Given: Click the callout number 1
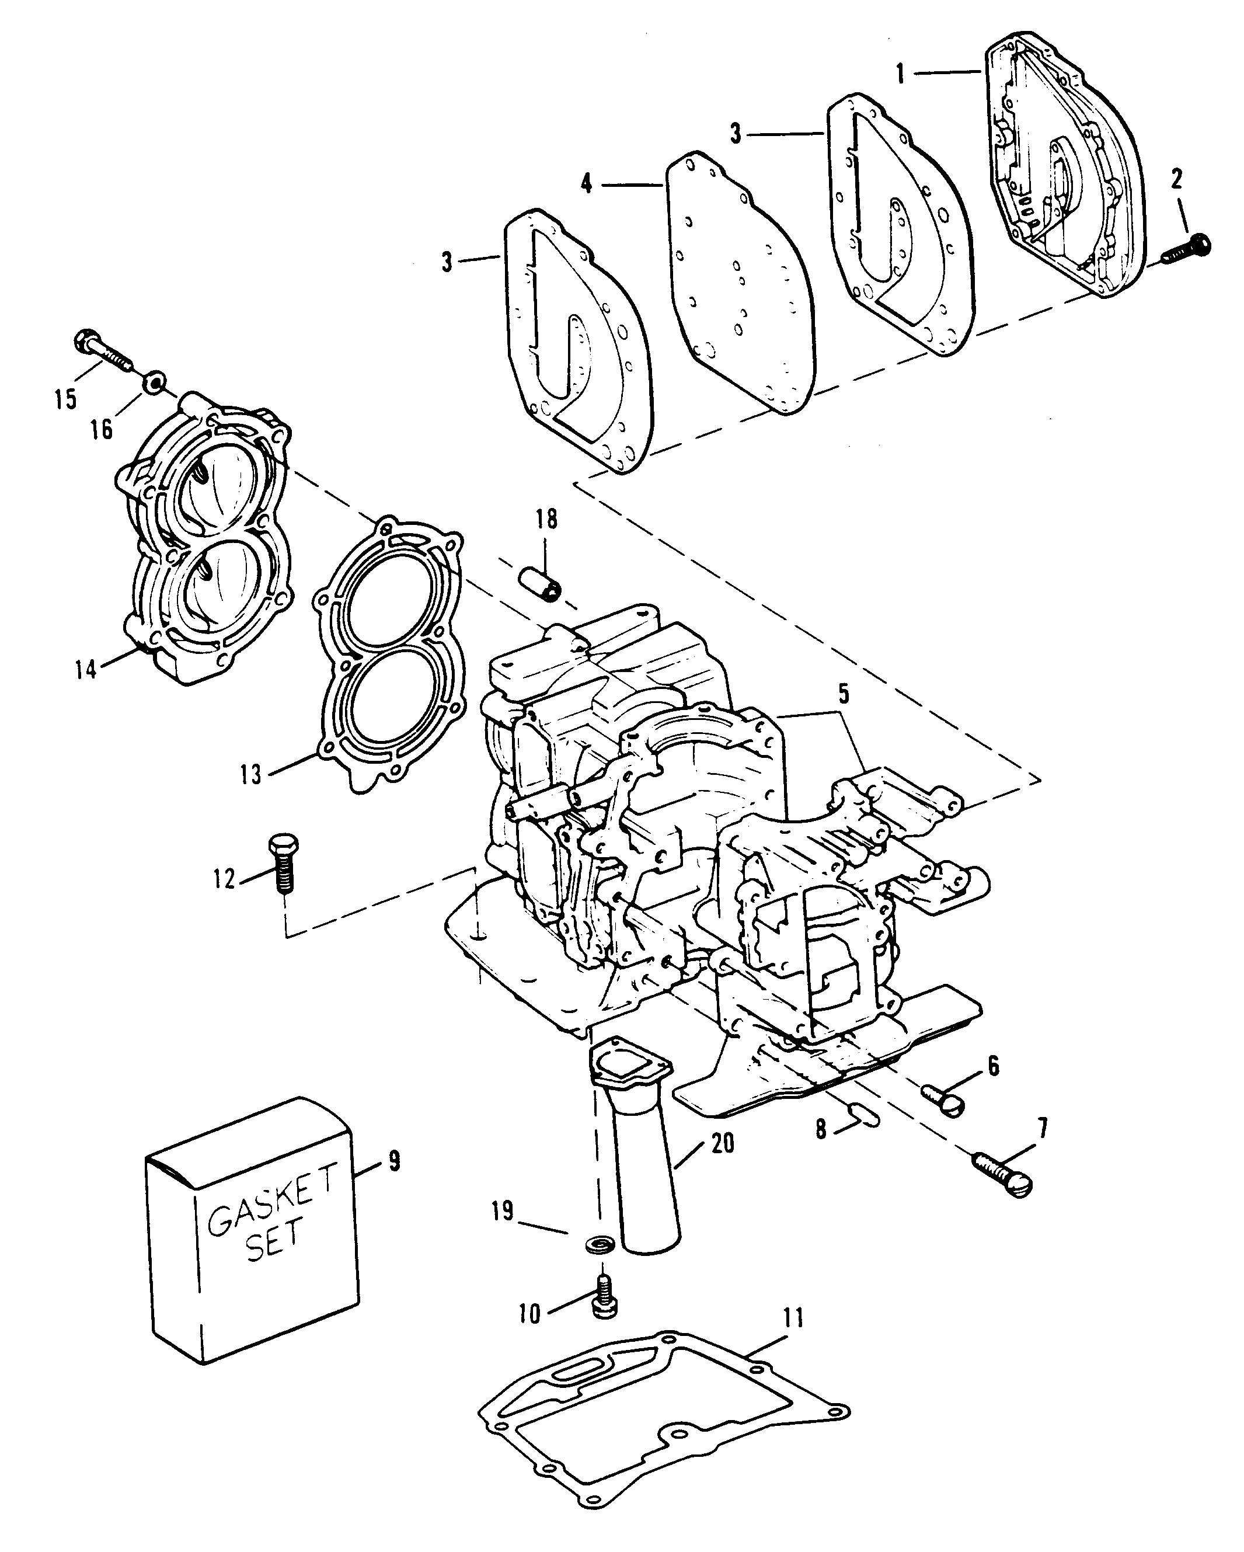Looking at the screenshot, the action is pos(900,74).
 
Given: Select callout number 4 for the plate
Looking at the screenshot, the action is pos(587,185).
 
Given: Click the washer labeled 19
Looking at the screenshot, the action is pos(597,1243).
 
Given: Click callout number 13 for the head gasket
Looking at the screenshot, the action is pos(250,776).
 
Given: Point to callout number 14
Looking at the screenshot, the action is pos(86,670).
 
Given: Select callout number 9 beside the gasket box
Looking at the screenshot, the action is pos(393,1161).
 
